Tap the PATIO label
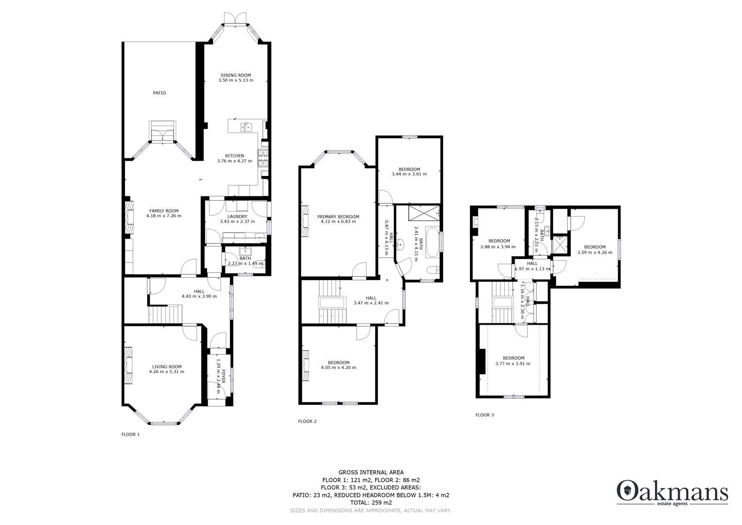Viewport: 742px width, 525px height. [x=159, y=93]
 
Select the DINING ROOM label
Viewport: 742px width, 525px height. [x=236, y=75]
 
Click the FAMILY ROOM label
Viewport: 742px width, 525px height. [x=164, y=211]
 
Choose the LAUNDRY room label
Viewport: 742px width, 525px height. [x=237, y=216]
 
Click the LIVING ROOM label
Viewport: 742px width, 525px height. [x=167, y=367]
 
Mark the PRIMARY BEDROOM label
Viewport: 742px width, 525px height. [x=338, y=217]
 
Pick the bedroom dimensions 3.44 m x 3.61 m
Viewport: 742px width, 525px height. [x=409, y=174]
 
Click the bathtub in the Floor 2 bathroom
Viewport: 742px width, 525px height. [x=431, y=240]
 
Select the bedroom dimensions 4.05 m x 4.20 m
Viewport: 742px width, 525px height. [x=338, y=367]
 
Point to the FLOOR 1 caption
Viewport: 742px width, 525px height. [x=130, y=435]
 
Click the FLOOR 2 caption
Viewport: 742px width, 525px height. [x=307, y=421]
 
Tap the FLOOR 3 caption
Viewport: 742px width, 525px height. [x=484, y=415]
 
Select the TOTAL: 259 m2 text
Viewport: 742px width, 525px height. [x=371, y=503]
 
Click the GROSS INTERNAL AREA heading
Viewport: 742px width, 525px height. [x=371, y=472]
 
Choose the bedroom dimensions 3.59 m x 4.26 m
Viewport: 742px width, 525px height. [x=594, y=252]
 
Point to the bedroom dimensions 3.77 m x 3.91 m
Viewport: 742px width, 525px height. [x=513, y=364]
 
